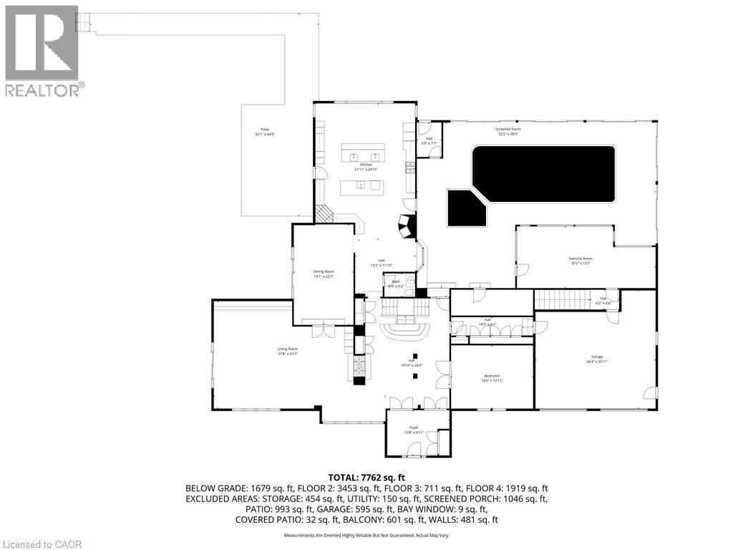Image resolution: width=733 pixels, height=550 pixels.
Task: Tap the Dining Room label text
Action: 324,273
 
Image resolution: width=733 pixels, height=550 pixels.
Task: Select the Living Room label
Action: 287,350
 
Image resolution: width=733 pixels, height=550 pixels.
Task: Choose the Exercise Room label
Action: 581,260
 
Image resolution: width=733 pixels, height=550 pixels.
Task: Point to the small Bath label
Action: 396,283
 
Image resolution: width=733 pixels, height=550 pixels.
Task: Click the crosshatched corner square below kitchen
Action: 325,215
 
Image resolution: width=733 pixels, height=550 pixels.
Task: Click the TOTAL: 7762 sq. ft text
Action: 366,477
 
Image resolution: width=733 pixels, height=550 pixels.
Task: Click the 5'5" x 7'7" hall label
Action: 429,140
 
